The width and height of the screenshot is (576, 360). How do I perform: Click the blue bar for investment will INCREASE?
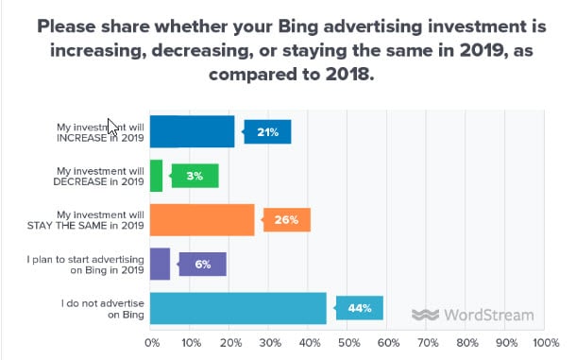[192, 131]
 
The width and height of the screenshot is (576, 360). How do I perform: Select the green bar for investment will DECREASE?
[156, 176]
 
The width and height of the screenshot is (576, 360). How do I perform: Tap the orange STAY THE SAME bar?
[202, 219]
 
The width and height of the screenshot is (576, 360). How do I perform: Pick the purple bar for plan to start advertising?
[160, 264]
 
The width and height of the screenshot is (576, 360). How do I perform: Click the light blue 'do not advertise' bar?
[238, 308]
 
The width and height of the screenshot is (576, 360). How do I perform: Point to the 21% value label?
[267, 132]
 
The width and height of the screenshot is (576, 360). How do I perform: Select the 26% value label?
[287, 220]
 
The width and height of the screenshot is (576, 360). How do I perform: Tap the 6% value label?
[203, 264]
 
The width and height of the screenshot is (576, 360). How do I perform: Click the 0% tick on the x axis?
[152, 343]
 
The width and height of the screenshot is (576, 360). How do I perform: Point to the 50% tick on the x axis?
[347, 343]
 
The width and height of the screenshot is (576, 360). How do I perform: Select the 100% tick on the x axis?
[545, 343]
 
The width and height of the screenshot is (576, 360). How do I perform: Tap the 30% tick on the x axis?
[269, 343]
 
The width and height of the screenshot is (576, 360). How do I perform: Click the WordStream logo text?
[487, 315]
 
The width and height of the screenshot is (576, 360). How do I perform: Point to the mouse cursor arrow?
[113, 127]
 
